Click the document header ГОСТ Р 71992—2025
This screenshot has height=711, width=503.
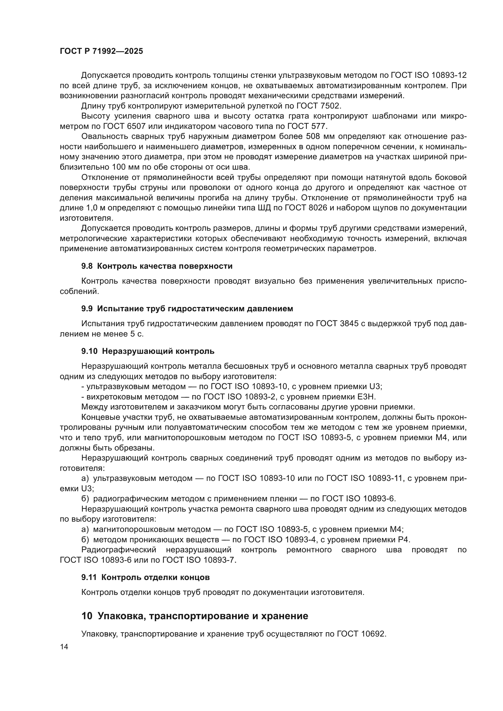(101, 51)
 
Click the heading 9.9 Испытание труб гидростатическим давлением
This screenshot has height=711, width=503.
(187, 309)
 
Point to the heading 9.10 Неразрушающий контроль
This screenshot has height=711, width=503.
(148, 351)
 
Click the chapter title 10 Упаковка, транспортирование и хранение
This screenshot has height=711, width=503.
(195, 616)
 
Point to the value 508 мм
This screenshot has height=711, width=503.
(321, 136)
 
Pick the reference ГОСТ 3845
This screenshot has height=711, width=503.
(338, 324)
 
